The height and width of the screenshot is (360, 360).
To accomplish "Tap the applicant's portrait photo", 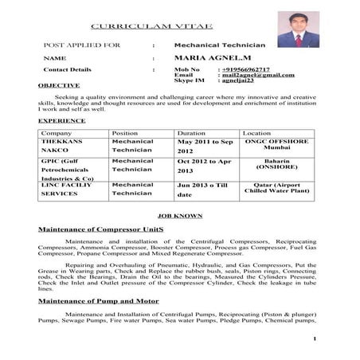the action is pos(297,29).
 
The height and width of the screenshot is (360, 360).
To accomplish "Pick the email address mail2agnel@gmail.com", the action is pos(258,75).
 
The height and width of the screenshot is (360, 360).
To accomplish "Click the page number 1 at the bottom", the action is pos(316,340).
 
